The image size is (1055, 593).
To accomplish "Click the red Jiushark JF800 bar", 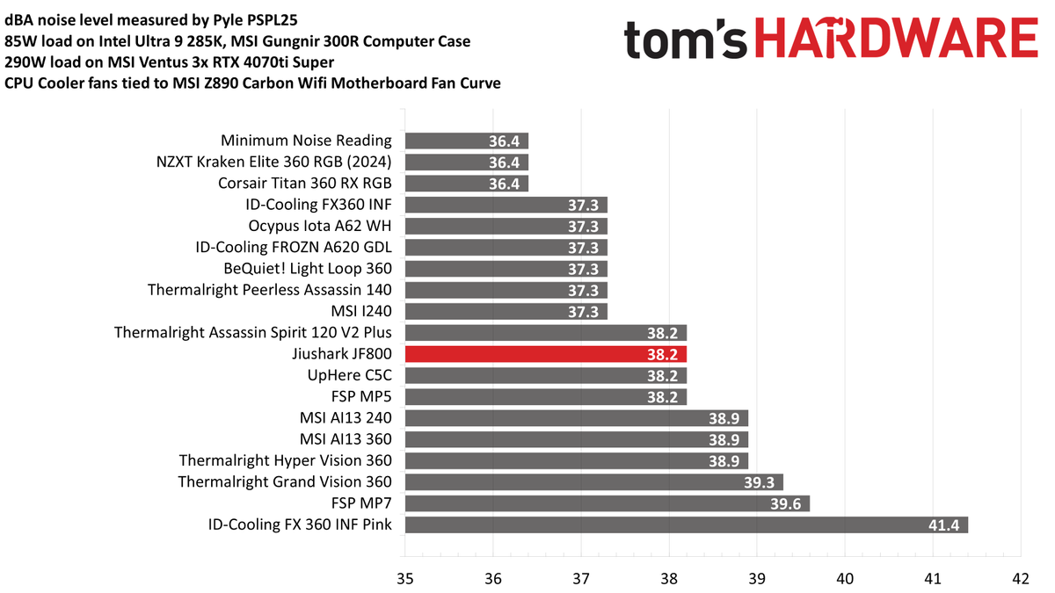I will [545, 354].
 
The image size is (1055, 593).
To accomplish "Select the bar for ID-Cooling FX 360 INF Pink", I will [686, 524].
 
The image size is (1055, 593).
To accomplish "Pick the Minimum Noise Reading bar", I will [466, 141].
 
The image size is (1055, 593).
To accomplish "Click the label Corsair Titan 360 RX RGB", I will [304, 184].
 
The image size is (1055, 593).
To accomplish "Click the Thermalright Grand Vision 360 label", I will [285, 482].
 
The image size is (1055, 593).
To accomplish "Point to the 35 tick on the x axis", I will [404, 579].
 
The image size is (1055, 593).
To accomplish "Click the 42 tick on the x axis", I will [1020, 579].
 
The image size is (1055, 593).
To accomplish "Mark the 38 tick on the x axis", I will [668, 579].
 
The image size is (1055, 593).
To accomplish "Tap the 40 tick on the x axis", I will [844, 579].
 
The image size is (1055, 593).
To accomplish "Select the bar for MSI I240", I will [506, 312].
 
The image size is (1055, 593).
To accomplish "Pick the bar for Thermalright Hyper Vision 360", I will [576, 460].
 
